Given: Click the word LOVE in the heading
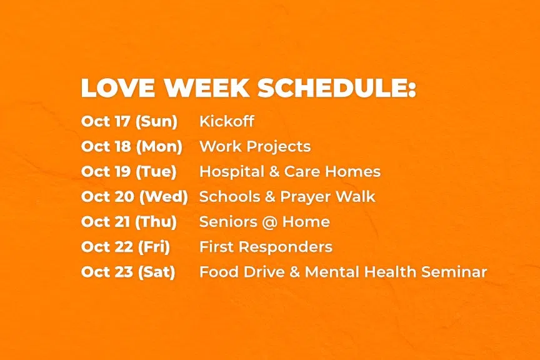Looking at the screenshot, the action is tap(118, 88).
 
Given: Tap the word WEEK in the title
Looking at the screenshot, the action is tap(206, 88).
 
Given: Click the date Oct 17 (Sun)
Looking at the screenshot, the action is tap(129, 121).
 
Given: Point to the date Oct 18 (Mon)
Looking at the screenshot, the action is tap(131, 146).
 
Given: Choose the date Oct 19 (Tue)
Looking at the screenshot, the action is tap(129, 171).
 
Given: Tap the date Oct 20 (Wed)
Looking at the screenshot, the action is tap(134, 197).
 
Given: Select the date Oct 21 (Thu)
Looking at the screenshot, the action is tap(129, 222).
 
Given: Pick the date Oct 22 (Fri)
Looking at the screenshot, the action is tap(126, 247).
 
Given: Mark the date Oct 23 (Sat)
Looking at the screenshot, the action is tap(128, 272).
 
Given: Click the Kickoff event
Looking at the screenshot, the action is tap(227, 121).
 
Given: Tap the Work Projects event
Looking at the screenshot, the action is tap(255, 146).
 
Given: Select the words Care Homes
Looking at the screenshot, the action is tap(332, 171).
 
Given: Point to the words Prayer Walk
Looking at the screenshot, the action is tap(327, 197).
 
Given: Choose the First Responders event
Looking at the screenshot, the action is tap(266, 247).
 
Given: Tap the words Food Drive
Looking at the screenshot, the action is tap(242, 272).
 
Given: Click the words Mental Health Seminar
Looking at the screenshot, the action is tap(396, 272).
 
